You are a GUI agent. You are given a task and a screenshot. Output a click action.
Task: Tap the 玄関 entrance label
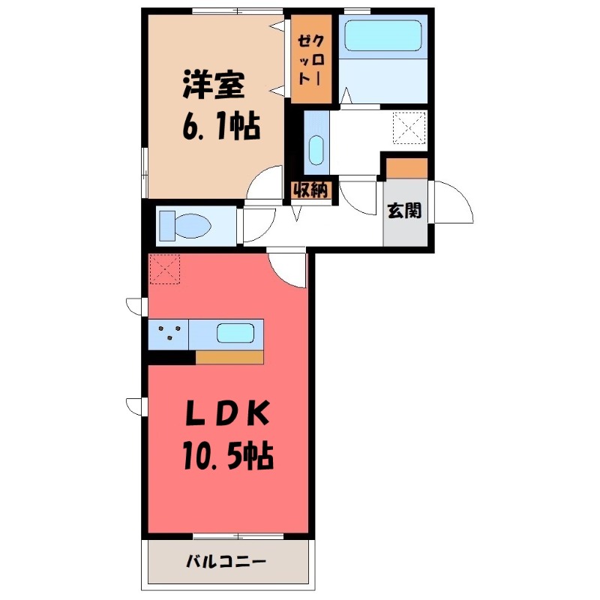(403, 211)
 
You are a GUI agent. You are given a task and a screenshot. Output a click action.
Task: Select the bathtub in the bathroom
(383, 35)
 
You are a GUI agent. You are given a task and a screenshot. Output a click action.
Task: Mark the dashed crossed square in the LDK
(165, 269)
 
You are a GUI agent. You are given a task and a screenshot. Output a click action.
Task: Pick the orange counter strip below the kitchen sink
(229, 358)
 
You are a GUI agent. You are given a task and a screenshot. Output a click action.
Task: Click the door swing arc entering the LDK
(289, 268)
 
